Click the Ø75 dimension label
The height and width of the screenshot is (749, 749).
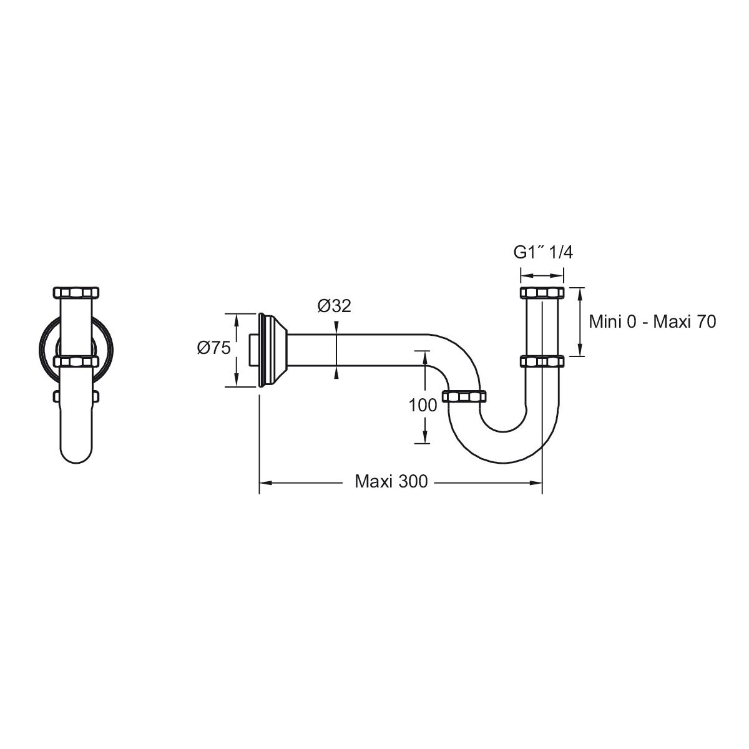point(214,348)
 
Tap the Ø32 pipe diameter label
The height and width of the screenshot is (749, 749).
point(335,306)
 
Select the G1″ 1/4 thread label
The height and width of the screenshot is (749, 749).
point(543,253)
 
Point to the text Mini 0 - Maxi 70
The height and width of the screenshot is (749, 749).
point(652,322)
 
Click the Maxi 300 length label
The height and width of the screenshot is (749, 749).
point(391,482)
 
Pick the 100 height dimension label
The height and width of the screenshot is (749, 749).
point(423,406)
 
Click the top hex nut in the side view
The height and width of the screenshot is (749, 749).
point(542,293)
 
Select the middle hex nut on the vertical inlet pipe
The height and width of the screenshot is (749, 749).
point(542,361)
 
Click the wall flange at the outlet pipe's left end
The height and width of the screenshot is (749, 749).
point(272,350)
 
